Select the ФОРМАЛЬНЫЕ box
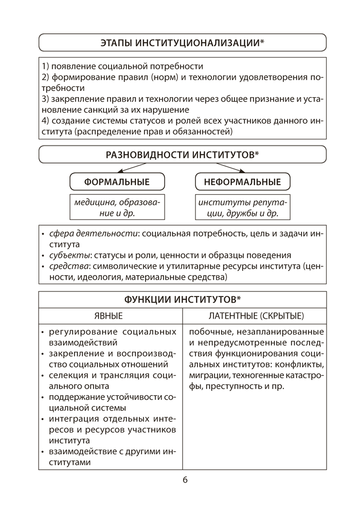117,182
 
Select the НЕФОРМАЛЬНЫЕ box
243,182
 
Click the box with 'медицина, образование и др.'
117,207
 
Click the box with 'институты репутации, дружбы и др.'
243,207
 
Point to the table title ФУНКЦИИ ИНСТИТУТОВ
182,300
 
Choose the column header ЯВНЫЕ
110,315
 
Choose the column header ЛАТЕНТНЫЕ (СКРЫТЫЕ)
255,315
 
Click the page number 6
185,480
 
